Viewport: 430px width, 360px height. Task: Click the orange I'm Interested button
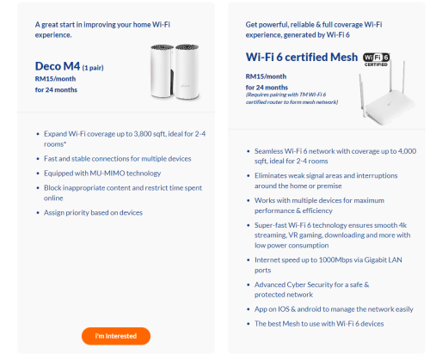116,336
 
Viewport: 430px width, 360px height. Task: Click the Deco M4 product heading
58,66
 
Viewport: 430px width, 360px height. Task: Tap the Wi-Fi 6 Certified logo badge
376,59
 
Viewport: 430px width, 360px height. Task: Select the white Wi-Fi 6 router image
386,94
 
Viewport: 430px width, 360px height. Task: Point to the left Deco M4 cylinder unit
162,71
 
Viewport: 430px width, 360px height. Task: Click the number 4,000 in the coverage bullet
407,151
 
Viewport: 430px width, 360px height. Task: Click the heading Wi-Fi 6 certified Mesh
302,57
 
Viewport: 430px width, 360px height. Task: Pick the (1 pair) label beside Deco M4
93,68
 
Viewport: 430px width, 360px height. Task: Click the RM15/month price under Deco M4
55,79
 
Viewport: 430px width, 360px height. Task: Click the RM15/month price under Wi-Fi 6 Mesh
266,76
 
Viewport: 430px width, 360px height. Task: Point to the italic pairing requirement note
292,98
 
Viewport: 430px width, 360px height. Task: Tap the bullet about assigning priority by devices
93,212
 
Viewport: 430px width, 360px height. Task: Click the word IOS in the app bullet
284,309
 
